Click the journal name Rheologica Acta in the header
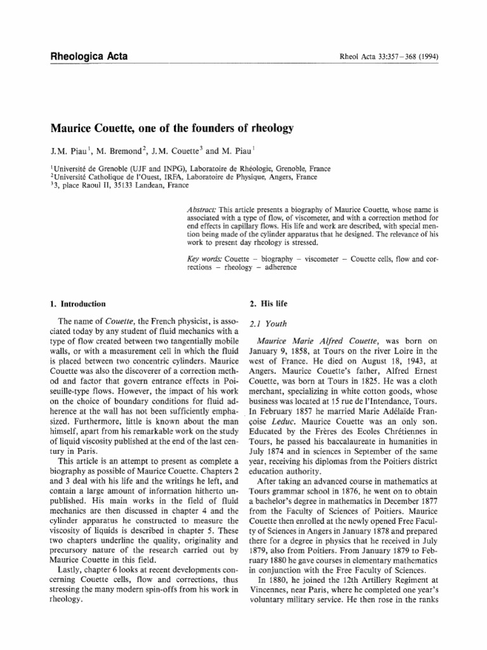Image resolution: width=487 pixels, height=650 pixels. click(89, 56)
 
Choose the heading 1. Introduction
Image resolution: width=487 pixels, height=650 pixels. click(78, 304)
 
